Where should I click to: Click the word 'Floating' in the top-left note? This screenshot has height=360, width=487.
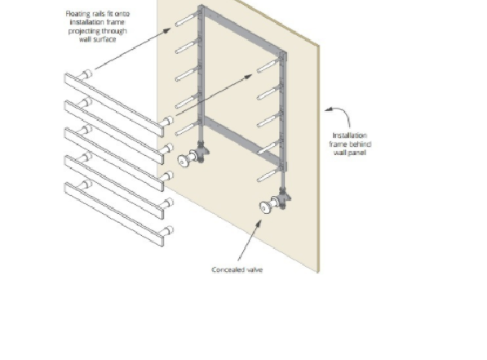(77, 14)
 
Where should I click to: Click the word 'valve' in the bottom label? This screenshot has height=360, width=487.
(255, 270)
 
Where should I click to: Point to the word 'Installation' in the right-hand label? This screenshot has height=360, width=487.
(349, 136)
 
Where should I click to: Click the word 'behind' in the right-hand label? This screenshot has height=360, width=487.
(361, 144)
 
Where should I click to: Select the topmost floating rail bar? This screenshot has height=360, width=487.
(114, 104)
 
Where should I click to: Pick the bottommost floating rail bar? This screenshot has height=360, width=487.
(114, 214)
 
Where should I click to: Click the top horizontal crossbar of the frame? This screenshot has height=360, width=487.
(243, 31)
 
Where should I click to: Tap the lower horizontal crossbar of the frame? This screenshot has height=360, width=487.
(241, 139)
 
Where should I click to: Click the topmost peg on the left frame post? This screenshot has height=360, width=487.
(187, 20)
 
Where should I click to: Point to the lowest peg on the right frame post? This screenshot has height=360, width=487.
(269, 175)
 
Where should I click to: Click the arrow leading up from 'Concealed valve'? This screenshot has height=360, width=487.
(250, 240)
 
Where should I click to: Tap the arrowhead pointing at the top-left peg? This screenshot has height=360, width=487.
(166, 30)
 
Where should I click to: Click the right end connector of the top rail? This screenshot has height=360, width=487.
(166, 121)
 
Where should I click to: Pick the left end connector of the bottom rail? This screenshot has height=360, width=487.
(85, 184)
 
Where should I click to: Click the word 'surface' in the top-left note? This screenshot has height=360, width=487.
(105, 39)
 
